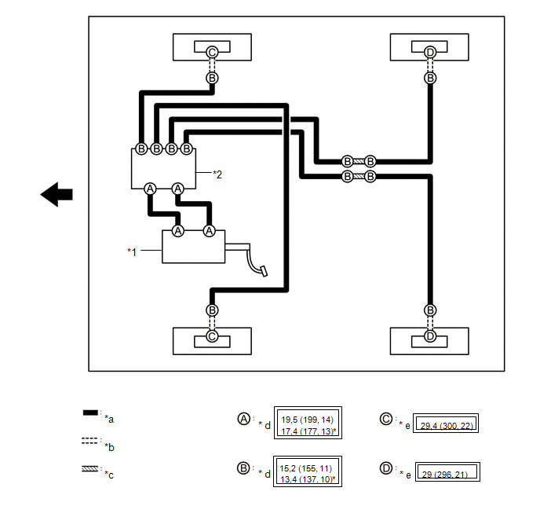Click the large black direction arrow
pyautogui.click(x=57, y=194)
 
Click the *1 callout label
pyautogui.click(x=132, y=252)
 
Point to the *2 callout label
pyautogui.click(x=217, y=174)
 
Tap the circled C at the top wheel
pyautogui.click(x=212, y=53)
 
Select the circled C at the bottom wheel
pyautogui.click(x=212, y=336)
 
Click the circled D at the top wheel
pyautogui.click(x=430, y=53)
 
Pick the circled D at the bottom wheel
pyautogui.click(x=430, y=336)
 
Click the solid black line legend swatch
pyautogui.click(x=90, y=412)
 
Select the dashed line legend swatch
pyautogui.click(x=90, y=441)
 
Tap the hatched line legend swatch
pyautogui.click(x=90, y=469)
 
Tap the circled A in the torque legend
pyautogui.click(x=244, y=419)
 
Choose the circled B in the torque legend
pyautogui.click(x=243, y=468)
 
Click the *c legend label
pyautogui.click(x=109, y=475)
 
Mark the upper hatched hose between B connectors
pyautogui.click(x=359, y=161)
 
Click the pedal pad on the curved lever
pyautogui.click(x=265, y=271)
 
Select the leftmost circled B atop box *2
pyautogui.click(x=141, y=149)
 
